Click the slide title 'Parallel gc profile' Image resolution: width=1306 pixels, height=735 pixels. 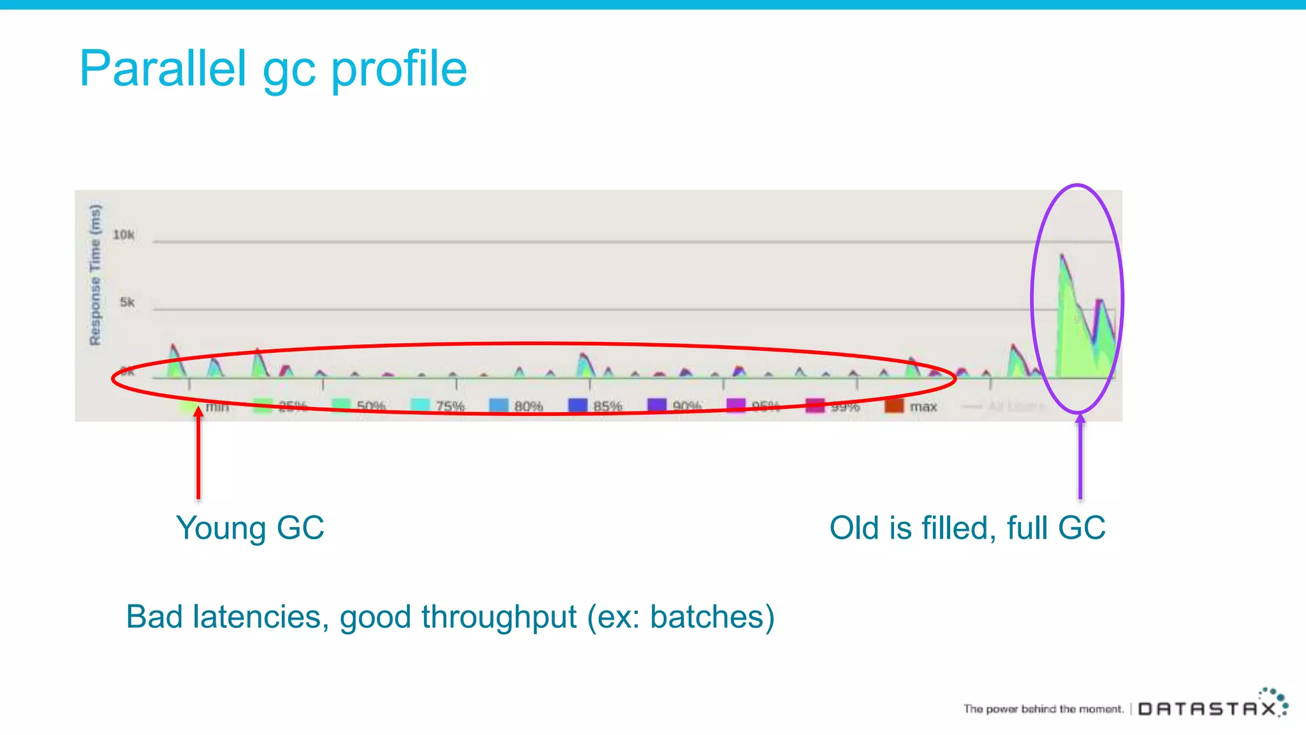point(273,69)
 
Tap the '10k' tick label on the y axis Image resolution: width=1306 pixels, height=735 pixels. point(123,235)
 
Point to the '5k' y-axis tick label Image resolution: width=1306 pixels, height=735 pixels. point(127,302)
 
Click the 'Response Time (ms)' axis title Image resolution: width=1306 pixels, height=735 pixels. point(95,275)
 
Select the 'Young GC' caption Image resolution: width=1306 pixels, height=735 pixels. point(250,528)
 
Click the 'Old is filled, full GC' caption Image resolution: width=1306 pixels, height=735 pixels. point(967,528)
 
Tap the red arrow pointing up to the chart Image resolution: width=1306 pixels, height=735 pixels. point(198,453)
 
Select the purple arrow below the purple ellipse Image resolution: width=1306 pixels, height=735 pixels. point(1080,456)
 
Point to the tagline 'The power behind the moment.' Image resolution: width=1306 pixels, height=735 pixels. point(1043,709)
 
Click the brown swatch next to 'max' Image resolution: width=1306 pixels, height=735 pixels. point(893,406)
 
